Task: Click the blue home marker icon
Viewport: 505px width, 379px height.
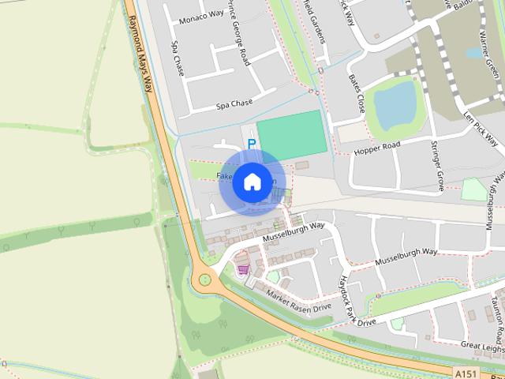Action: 252,182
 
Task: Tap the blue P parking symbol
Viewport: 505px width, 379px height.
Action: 252,144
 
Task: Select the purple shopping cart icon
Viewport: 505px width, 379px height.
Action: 243,269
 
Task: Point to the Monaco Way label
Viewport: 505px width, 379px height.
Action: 200,17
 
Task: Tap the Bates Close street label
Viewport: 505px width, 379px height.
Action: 356,93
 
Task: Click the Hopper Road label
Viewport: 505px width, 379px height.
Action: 379,148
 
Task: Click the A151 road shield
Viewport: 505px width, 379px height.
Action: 466,371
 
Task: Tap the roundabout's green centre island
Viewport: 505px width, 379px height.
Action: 205,279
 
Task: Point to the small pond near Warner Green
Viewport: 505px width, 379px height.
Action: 475,53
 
